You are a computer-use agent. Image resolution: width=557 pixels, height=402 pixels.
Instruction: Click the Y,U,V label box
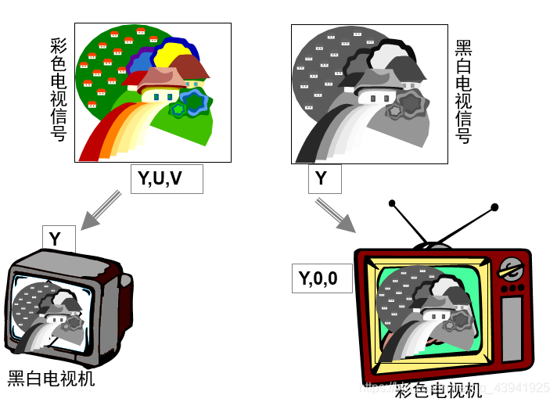pos(166,179)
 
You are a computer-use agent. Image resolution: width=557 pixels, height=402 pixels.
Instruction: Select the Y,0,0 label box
pos(321,278)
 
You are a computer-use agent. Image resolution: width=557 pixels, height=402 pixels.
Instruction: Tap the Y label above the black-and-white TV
pos(58,239)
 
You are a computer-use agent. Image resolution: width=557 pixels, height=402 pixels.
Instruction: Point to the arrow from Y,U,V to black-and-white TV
pos(101,210)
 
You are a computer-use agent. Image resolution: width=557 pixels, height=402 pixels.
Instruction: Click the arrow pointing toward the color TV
pos(335,214)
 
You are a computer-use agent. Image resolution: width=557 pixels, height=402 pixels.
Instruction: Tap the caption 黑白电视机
pos(52,379)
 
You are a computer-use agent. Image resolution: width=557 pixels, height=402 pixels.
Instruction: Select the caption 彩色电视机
pos(438,389)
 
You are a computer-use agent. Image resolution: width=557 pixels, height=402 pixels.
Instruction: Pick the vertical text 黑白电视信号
pos(463,92)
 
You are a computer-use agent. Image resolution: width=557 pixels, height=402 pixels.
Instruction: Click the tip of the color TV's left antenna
pos(393,205)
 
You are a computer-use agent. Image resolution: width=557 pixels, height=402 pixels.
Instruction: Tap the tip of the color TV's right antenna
pos(494,207)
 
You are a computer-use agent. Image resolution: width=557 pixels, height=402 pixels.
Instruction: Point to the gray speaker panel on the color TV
pos(512,328)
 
